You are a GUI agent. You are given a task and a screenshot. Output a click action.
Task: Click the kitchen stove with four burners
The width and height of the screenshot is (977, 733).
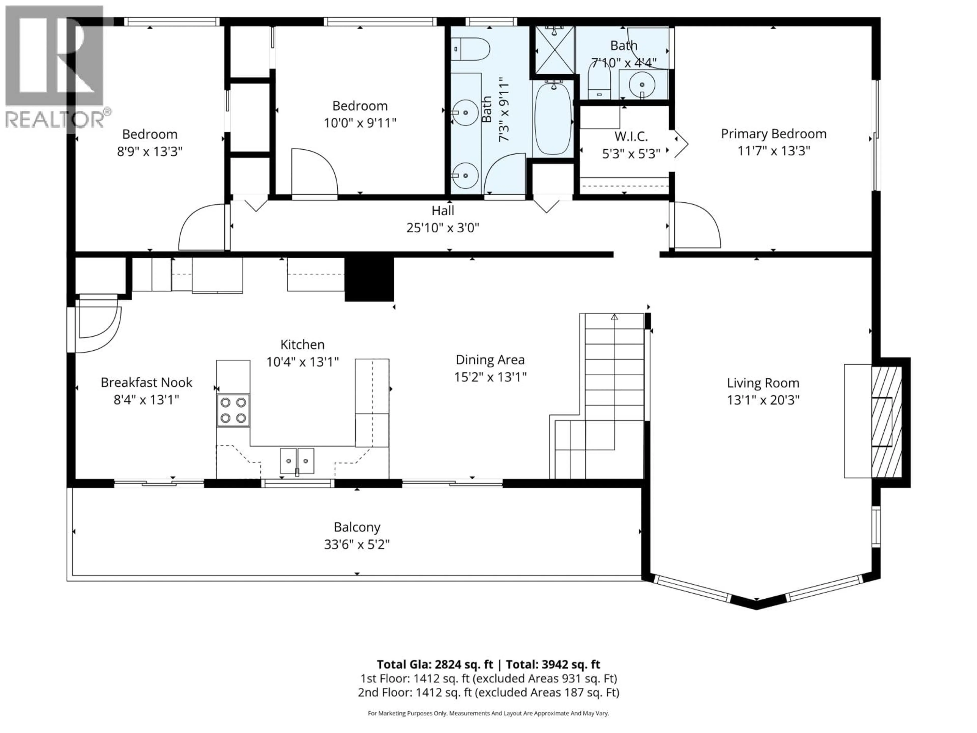pyautogui.click(x=233, y=410)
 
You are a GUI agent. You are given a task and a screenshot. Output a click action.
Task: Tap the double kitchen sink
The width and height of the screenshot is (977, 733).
pyautogui.click(x=297, y=461)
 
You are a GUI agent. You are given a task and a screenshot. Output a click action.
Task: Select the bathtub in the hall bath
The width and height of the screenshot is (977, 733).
pyautogui.click(x=553, y=118)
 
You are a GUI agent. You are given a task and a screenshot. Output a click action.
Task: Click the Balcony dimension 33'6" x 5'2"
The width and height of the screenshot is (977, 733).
pyautogui.click(x=357, y=544)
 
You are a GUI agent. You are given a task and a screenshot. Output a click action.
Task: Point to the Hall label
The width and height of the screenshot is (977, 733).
pyautogui.click(x=442, y=211)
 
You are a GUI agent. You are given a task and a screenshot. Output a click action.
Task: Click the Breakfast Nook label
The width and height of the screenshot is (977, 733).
pyautogui.click(x=146, y=382)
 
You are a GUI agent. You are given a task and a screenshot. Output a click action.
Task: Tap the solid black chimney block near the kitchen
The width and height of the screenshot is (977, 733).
pyautogui.click(x=369, y=279)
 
